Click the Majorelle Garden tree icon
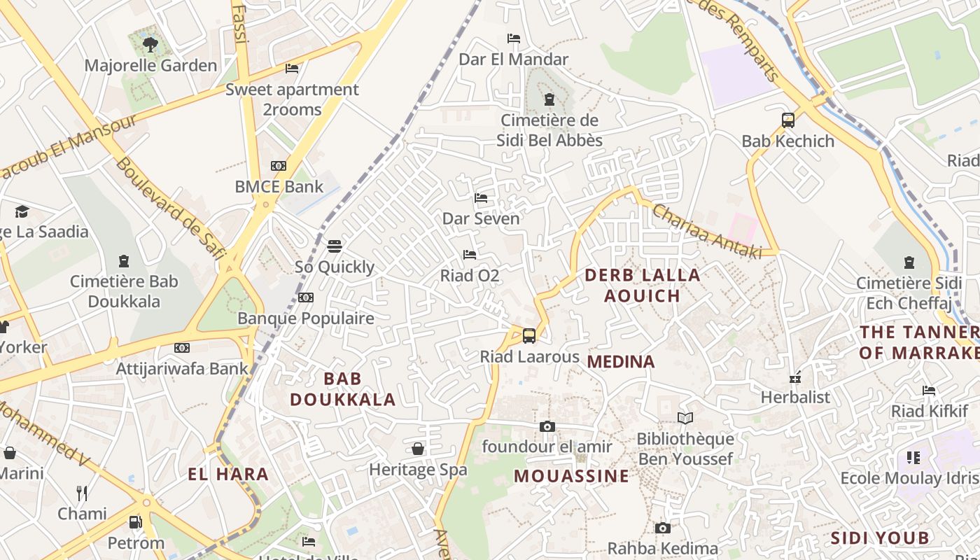tap(150, 45)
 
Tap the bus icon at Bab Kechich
tap(788, 120)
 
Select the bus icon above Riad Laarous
tap(529, 336)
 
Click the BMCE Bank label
tap(279, 187)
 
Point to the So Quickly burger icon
tap(335, 246)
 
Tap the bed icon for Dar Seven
tap(481, 198)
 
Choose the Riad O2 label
tap(469, 276)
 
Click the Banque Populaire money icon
tap(305, 297)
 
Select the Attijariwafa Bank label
tap(182, 368)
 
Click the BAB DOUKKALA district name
tap(343, 389)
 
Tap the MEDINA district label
tap(621, 362)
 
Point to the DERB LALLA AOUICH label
tap(643, 285)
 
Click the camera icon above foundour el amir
tap(547, 426)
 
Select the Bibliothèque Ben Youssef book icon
tap(685, 419)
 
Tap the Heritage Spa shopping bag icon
tap(418, 449)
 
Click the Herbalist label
tap(795, 397)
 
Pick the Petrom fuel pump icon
tap(136, 522)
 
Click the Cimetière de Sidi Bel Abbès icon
tap(549, 99)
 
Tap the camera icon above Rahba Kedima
tap(662, 528)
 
